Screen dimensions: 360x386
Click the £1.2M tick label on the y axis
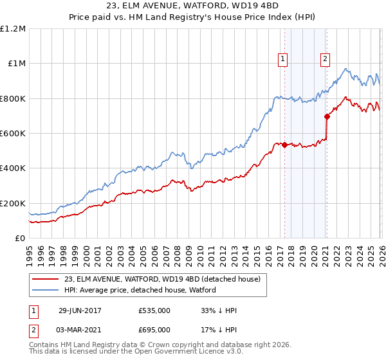(x=14, y=29)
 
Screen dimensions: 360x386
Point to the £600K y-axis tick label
(x=14, y=134)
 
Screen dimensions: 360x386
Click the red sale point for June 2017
(x=284, y=145)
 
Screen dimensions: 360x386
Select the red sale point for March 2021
(x=326, y=117)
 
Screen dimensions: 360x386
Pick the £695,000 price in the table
(x=154, y=329)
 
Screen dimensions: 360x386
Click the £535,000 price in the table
(x=154, y=310)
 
